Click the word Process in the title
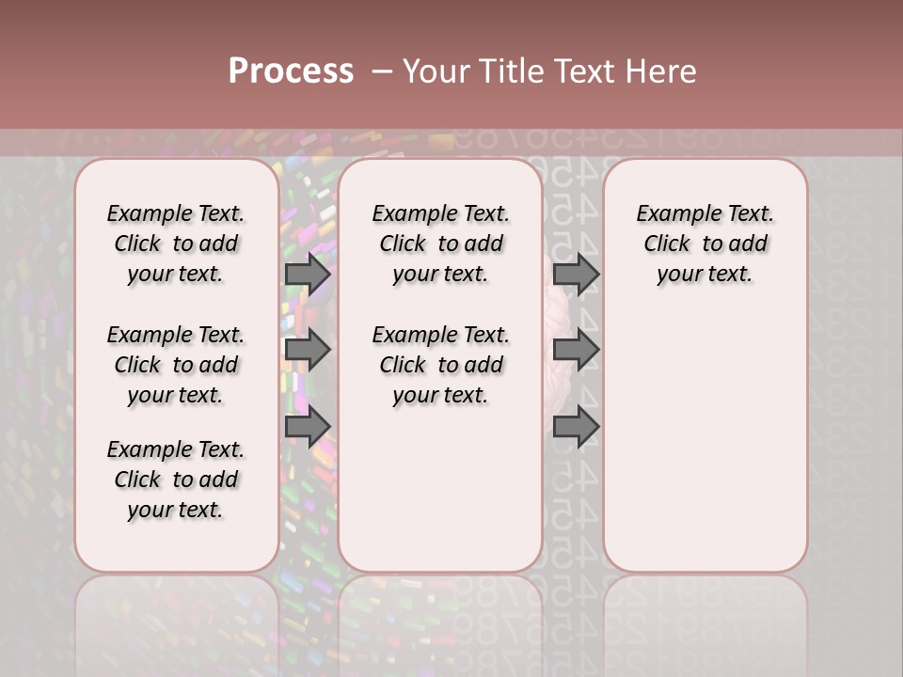coord(291,71)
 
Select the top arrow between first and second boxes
coord(308,274)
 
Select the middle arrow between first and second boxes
coord(308,351)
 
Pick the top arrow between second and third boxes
coord(576,274)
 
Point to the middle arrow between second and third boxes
coord(576,351)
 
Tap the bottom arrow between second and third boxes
coord(576,428)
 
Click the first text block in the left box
coord(176,244)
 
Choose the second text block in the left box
coord(176,365)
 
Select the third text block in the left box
coord(176,480)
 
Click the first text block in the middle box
coord(440,244)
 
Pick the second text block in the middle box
coord(440,365)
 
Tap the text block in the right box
coord(705,244)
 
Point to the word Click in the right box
coord(667,244)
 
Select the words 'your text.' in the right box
coord(705,275)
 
